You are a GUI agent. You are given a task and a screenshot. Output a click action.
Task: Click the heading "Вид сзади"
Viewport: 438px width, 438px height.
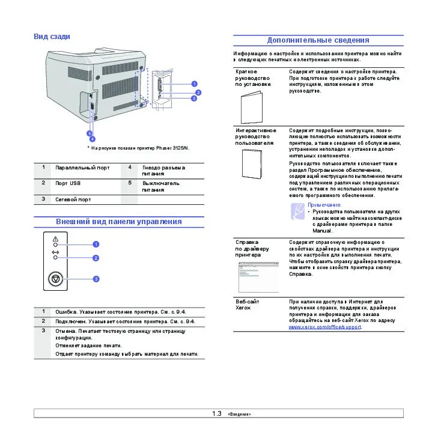(52, 37)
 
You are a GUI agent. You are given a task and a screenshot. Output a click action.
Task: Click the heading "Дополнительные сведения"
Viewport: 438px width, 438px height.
(318, 40)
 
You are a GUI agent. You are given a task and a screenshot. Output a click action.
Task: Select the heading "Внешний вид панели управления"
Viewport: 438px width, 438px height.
(118, 222)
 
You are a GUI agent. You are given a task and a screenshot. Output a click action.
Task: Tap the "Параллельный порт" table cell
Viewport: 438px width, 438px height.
(82, 168)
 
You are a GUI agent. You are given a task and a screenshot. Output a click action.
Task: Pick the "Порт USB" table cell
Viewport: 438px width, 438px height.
(68, 183)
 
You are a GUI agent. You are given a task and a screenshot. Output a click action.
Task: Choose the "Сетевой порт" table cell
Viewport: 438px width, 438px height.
(73, 199)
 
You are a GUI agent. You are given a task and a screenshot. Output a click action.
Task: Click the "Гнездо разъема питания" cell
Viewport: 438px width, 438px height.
(163, 171)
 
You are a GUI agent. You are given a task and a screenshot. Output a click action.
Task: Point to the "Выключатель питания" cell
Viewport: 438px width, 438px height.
(160, 186)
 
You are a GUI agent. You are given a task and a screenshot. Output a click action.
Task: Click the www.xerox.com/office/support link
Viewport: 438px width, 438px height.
(324, 327)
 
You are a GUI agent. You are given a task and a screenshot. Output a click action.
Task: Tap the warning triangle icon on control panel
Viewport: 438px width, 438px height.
(55, 239)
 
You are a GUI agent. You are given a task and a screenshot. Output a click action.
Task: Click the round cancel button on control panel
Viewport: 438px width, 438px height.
(55, 279)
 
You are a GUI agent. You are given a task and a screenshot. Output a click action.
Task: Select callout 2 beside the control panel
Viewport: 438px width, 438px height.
(96, 258)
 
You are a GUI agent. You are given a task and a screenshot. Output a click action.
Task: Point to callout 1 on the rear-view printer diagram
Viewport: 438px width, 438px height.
(194, 84)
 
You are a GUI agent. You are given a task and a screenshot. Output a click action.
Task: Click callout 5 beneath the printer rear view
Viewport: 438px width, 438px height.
(89, 133)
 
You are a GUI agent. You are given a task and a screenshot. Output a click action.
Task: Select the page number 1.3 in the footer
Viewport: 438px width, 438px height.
(217, 414)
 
